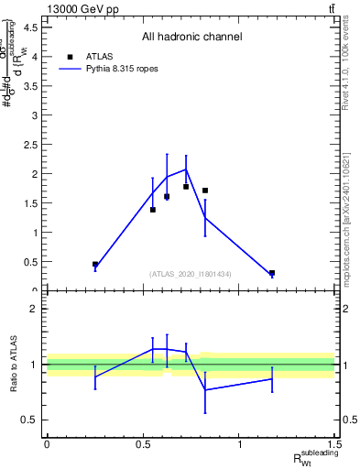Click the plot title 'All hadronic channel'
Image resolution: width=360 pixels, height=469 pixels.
[191, 38]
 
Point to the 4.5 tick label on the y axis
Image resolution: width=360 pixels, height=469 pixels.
[30, 27]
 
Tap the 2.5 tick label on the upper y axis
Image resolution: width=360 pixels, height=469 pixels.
[30, 145]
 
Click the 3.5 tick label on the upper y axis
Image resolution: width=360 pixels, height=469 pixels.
[30, 86]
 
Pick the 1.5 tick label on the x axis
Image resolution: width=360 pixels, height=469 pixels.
[336, 444]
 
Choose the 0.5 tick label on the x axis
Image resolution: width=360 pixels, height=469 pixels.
[143, 444]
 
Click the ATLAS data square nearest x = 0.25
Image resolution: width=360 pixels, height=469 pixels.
[95, 264]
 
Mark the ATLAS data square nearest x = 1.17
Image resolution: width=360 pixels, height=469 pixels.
[272, 273]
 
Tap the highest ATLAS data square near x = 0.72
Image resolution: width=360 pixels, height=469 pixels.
[186, 187]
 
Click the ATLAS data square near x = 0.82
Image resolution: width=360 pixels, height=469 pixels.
[205, 191]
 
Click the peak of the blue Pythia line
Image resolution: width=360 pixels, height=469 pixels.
[186, 169]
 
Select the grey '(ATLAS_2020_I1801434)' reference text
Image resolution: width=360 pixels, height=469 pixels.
[191, 274]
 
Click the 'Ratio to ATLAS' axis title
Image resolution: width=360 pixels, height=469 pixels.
[14, 364]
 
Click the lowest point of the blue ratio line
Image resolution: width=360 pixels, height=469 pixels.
[205, 389]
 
